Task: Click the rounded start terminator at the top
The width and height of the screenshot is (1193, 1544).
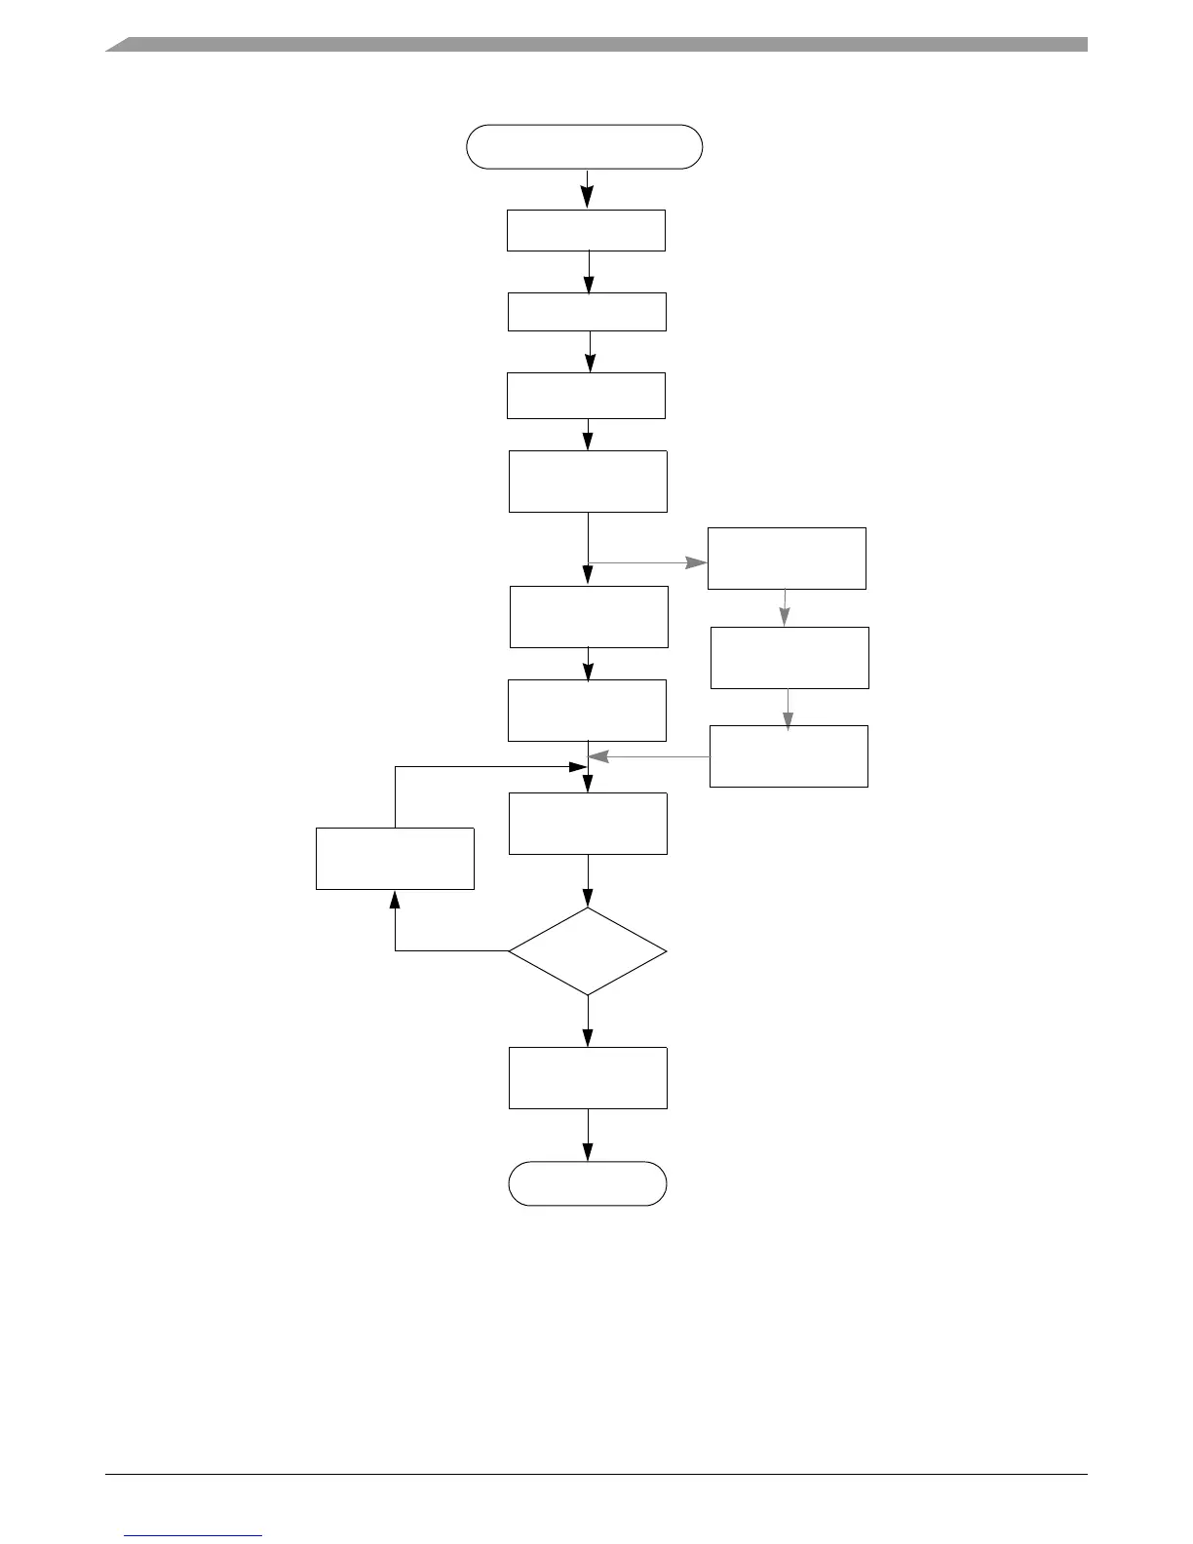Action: [x=585, y=147]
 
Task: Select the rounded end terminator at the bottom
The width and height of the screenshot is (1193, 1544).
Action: [x=588, y=1183]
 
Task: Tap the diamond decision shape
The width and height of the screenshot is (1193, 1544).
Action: [x=588, y=951]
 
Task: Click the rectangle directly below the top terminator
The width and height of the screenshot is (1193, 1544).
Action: [x=586, y=231]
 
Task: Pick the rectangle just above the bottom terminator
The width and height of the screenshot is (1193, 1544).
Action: [x=588, y=1078]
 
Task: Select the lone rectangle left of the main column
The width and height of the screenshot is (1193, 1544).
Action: [x=395, y=859]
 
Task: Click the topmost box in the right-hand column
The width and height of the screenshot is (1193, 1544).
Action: [x=787, y=559]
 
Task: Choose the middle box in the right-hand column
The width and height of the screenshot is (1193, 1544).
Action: [x=789, y=658]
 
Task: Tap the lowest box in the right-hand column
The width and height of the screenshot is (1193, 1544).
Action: [x=789, y=756]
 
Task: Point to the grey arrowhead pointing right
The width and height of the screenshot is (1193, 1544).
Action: [x=697, y=563]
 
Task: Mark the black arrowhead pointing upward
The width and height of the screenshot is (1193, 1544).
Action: [x=395, y=899]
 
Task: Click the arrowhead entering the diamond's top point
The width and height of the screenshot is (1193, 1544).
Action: [x=588, y=899]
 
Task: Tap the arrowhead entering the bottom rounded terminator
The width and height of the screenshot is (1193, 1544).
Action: [x=588, y=1152]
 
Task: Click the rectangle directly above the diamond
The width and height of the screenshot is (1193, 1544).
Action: [x=588, y=824]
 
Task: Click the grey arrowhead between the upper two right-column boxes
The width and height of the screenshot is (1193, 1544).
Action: [x=785, y=618]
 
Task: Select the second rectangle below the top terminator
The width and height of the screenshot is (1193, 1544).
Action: [x=587, y=312]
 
